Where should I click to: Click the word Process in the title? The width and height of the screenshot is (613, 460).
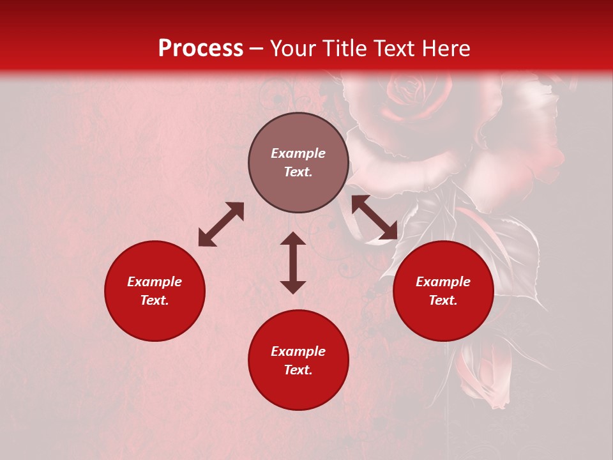coord(201,49)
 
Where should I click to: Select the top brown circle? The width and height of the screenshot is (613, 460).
coord(298,163)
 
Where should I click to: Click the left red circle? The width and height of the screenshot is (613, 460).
coord(155,291)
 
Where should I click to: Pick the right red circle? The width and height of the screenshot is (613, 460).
coord(443,291)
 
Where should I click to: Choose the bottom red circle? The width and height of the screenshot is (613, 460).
coord(298,360)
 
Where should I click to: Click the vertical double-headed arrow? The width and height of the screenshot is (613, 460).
coord(293,263)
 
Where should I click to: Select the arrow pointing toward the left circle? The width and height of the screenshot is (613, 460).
coord(221,224)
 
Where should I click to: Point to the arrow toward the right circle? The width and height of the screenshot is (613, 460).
coord(374,218)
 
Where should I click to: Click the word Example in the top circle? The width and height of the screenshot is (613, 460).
coord(298,153)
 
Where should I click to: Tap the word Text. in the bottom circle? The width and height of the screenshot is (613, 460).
coord(298,370)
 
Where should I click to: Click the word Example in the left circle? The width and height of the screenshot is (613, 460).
coord(155,282)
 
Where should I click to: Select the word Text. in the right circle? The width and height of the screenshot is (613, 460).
coord(443,300)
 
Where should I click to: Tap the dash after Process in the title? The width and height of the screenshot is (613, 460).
coord(257,49)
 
